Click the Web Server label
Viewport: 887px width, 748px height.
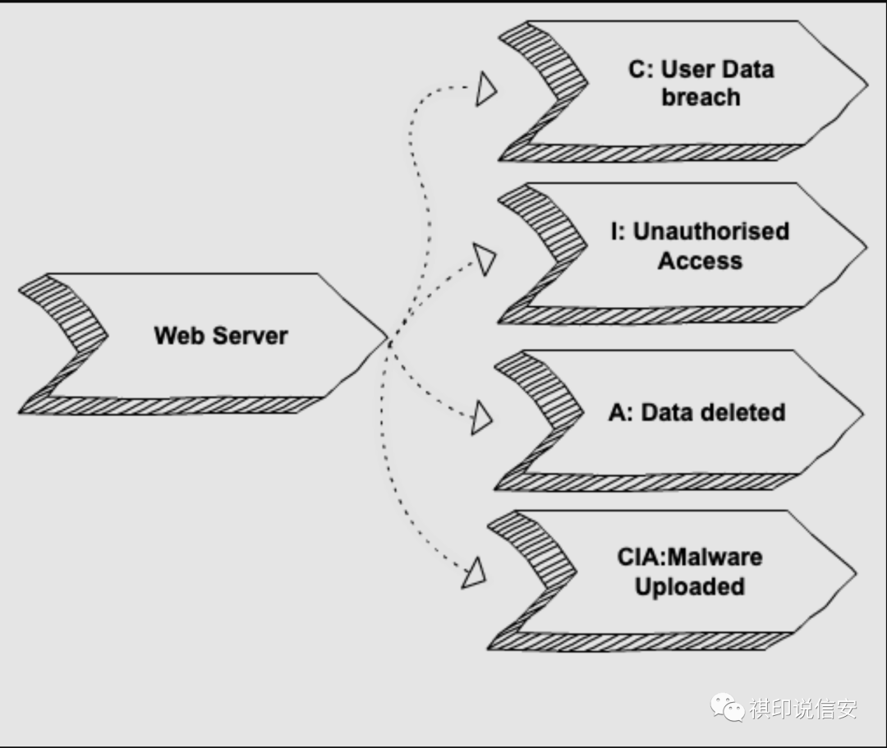(x=221, y=335)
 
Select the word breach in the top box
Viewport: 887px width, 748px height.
(x=701, y=97)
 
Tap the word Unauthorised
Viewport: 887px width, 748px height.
(x=710, y=232)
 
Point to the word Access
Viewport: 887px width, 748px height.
(x=700, y=260)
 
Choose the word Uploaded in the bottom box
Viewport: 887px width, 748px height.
(x=689, y=586)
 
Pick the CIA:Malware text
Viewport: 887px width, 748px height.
(x=689, y=557)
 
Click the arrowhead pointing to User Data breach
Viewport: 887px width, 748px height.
(x=485, y=89)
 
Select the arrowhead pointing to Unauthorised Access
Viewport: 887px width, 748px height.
(x=486, y=259)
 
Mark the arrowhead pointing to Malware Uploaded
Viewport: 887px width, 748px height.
(x=473, y=572)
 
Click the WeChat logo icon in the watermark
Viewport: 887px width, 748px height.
(x=728, y=707)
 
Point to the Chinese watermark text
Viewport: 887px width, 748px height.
(x=802, y=708)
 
